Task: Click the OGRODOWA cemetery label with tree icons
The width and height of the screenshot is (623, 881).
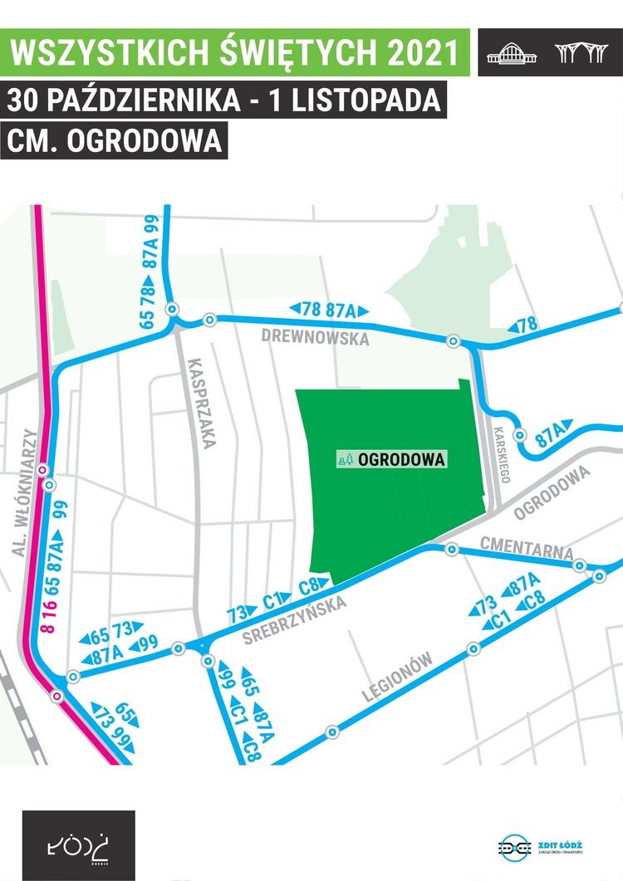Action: (392, 459)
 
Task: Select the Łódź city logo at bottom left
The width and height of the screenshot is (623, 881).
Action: (78, 846)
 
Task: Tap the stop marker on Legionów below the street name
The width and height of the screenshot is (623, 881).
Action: (332, 732)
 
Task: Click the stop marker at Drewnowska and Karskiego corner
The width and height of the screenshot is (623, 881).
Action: (453, 341)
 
